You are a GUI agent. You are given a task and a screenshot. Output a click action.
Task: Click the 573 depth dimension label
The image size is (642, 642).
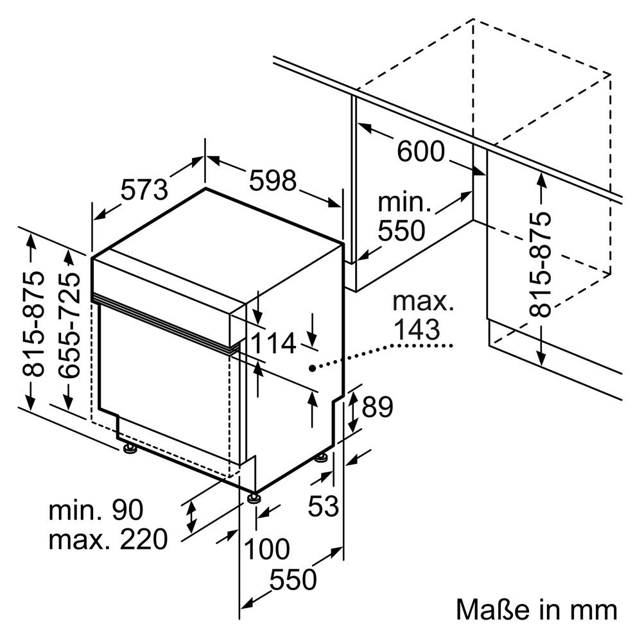(x=145, y=188)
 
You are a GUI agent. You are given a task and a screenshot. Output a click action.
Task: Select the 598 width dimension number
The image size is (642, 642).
(x=273, y=180)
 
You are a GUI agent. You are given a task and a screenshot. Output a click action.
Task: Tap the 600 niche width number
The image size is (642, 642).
(x=421, y=152)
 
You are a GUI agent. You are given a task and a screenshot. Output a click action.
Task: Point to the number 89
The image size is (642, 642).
(x=377, y=406)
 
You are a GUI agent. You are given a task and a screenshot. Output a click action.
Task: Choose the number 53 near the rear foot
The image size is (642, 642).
(x=323, y=507)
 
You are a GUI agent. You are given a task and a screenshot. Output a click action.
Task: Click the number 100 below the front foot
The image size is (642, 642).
(x=267, y=550)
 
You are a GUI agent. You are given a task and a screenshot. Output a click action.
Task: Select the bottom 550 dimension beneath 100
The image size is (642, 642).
(x=293, y=580)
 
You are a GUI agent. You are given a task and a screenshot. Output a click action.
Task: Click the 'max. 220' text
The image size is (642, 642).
(x=108, y=539)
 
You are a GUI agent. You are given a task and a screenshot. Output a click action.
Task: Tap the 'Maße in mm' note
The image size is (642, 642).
(x=537, y=609)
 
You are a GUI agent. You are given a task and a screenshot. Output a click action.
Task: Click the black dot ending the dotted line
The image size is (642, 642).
(x=311, y=368)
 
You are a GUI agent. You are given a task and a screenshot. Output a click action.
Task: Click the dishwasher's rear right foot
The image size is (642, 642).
(x=321, y=457)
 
